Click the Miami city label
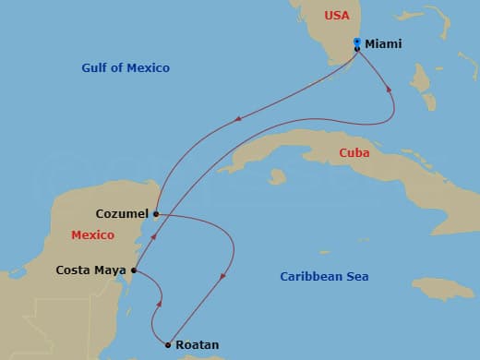[x=383, y=43]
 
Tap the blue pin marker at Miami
[x=357, y=42]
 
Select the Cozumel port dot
[x=156, y=214]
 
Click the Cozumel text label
[x=122, y=213]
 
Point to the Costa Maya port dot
[x=135, y=270]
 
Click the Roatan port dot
[x=167, y=345]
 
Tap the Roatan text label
[x=198, y=345]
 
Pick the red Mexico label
[x=93, y=235]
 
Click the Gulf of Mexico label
[x=126, y=68]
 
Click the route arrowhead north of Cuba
[x=240, y=117]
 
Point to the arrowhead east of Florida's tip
[x=389, y=90]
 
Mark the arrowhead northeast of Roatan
[x=224, y=274]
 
